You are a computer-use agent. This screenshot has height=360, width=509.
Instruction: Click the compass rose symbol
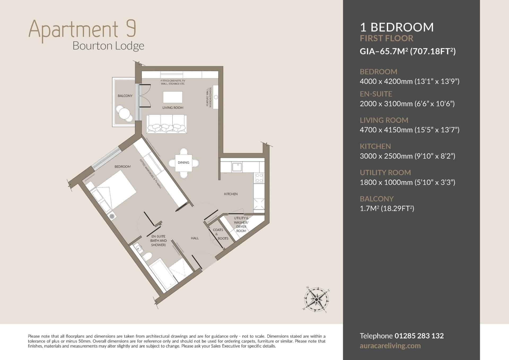(316, 299)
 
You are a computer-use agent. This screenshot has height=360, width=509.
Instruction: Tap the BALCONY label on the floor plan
(125, 96)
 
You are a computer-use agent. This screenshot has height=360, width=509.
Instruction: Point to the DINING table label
(183, 163)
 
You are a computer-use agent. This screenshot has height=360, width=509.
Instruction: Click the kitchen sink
(236, 167)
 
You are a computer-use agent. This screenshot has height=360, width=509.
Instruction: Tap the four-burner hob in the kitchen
(259, 178)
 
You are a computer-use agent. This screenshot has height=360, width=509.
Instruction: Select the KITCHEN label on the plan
(231, 194)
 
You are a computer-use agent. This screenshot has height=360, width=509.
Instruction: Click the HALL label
(195, 238)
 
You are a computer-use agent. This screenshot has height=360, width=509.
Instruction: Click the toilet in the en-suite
(147, 256)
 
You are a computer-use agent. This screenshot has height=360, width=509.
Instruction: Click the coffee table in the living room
(173, 97)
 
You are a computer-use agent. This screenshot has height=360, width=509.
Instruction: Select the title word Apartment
(73, 29)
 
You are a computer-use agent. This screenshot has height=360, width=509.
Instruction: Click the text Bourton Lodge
(108, 46)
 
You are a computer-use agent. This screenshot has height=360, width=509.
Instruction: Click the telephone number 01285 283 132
(419, 336)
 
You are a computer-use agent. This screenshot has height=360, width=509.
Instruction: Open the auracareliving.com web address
(390, 346)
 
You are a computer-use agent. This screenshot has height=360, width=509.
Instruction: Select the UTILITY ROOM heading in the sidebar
(385, 173)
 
